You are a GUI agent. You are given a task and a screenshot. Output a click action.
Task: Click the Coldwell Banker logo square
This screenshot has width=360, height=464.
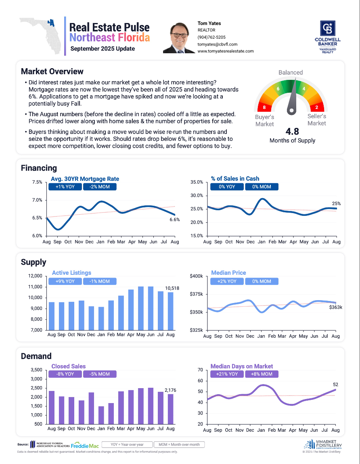tap(327, 28)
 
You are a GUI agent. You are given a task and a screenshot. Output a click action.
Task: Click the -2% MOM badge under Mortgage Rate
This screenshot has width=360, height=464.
tap(100, 187)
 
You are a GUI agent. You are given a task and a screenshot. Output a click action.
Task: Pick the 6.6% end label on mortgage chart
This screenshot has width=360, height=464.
tap(174, 220)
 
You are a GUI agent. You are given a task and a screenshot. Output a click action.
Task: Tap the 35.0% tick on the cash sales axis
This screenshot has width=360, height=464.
tap(197, 182)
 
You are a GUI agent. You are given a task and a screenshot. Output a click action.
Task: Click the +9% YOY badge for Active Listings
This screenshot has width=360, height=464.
tap(65, 281)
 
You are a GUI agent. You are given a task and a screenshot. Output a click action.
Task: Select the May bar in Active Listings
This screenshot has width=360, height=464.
tap(141, 308)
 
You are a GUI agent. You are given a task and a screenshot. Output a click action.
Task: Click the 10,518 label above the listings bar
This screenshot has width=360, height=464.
tap(172, 288)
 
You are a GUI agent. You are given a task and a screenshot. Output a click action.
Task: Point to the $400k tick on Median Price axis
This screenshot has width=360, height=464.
tap(197, 276)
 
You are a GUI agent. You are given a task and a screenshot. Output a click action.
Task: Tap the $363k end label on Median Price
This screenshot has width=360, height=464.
tap(335, 307)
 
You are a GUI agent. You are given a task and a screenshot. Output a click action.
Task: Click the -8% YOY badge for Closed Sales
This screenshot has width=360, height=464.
tap(65, 374)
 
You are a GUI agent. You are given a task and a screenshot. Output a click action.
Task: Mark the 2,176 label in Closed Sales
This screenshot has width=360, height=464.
tap(170, 390)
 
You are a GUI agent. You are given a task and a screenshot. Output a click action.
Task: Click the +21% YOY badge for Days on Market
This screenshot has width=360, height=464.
tap(227, 374)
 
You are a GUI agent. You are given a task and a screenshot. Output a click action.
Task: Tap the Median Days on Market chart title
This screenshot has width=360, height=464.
tap(242, 366)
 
